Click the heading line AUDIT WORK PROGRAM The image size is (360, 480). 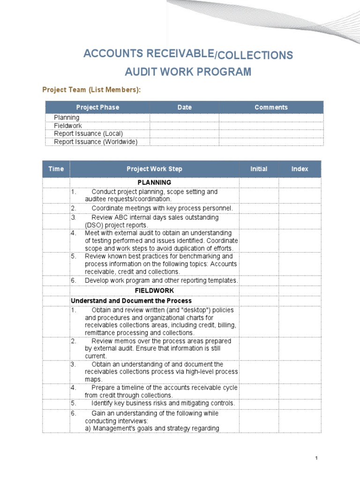pos(188,72)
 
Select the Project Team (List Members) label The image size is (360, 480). pos(91,90)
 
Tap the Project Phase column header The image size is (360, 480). pos(97,107)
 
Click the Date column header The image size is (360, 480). pos(184,107)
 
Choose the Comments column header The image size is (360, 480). pos(271,107)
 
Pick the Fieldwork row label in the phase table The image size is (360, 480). pos(68,126)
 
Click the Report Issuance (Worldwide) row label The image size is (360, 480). pos(96,142)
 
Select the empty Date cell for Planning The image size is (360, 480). pos(184,118)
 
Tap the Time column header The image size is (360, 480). pos(56,169)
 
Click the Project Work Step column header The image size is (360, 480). pos(154,169)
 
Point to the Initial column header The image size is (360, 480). pos(259,169)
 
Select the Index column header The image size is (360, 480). pos(300,169)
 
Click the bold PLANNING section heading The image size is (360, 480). pos(154,182)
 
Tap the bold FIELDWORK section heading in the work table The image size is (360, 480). pos(154,291)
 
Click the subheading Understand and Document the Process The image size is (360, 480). pos(131,300)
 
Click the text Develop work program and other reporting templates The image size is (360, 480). pos(161,280)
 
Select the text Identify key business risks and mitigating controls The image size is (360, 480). pos(163,403)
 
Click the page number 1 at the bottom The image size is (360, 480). pos(317,458)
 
